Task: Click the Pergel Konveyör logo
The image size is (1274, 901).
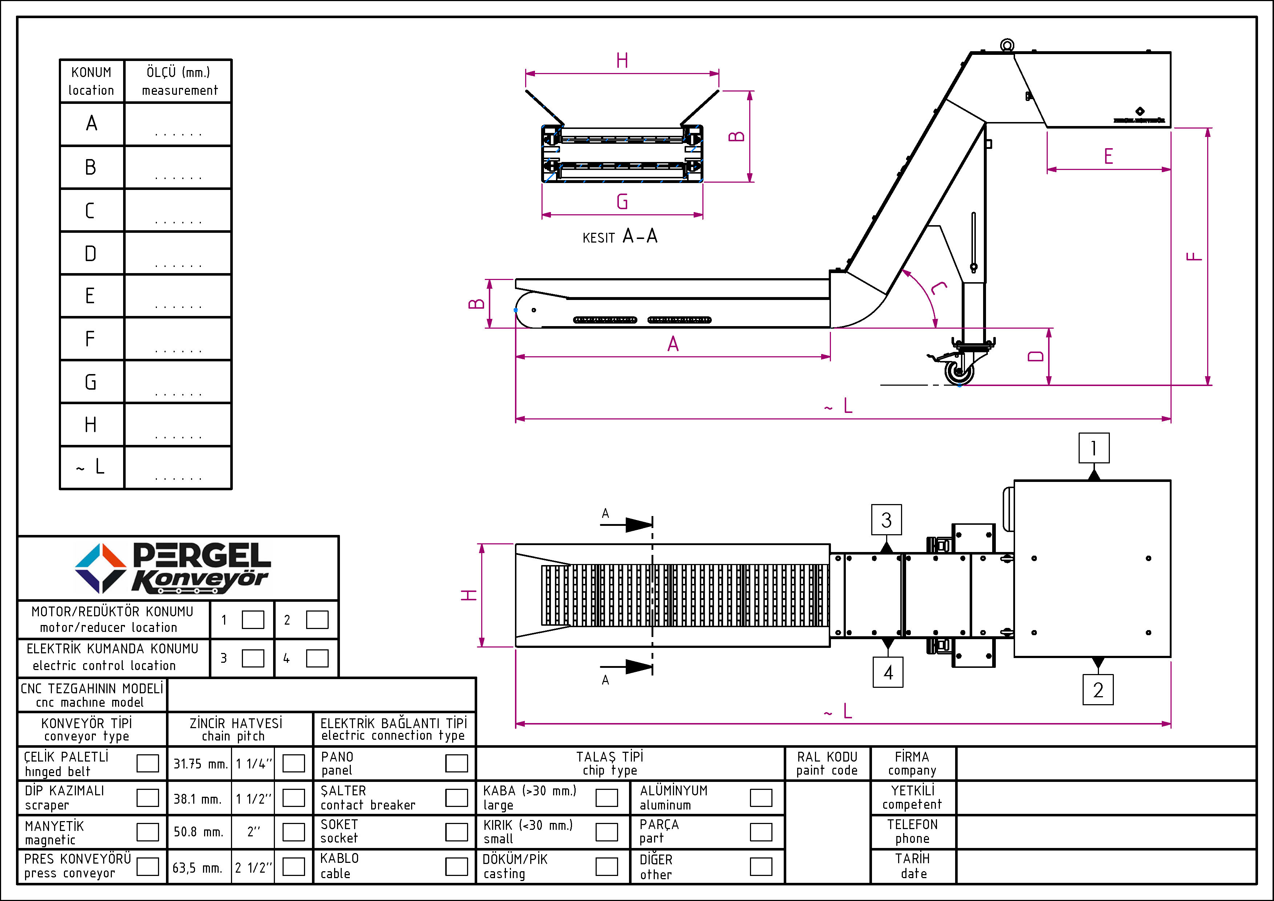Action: tap(173, 568)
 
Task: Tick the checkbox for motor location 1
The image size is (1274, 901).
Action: tap(253, 620)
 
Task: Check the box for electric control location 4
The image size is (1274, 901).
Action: tap(317, 658)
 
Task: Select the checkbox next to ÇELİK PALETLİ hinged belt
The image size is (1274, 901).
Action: tap(147, 763)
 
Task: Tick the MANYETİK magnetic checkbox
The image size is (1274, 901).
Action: tap(147, 832)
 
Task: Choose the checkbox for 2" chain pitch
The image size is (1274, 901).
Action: tap(293, 832)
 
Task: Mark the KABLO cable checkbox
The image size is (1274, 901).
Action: tap(457, 866)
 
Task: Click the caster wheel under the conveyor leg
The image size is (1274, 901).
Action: tap(959, 372)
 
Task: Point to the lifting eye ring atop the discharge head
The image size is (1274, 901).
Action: tap(1007, 45)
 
